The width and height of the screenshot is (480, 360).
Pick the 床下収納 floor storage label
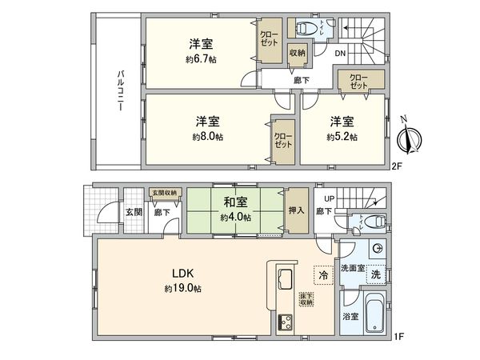(x=307, y=298)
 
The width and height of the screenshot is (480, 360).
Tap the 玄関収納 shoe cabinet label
(x=166, y=194)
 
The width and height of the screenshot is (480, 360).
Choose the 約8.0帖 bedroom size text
(x=207, y=138)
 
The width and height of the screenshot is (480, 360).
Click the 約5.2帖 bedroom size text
(x=341, y=138)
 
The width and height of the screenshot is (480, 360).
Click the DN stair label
(x=340, y=54)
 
